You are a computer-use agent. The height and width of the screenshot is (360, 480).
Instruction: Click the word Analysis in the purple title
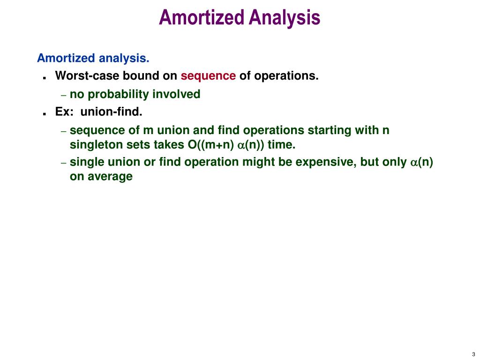click(285, 18)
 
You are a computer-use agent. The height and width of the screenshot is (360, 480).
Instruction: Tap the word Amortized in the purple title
click(202, 18)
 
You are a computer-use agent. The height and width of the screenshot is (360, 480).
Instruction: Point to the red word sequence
click(208, 75)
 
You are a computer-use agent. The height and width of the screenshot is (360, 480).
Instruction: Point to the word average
click(112, 177)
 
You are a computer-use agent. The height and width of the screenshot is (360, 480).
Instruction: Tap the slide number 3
click(473, 354)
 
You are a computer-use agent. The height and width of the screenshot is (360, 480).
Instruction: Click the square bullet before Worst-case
click(44, 77)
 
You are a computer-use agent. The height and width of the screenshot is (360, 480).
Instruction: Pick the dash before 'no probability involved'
click(64, 95)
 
